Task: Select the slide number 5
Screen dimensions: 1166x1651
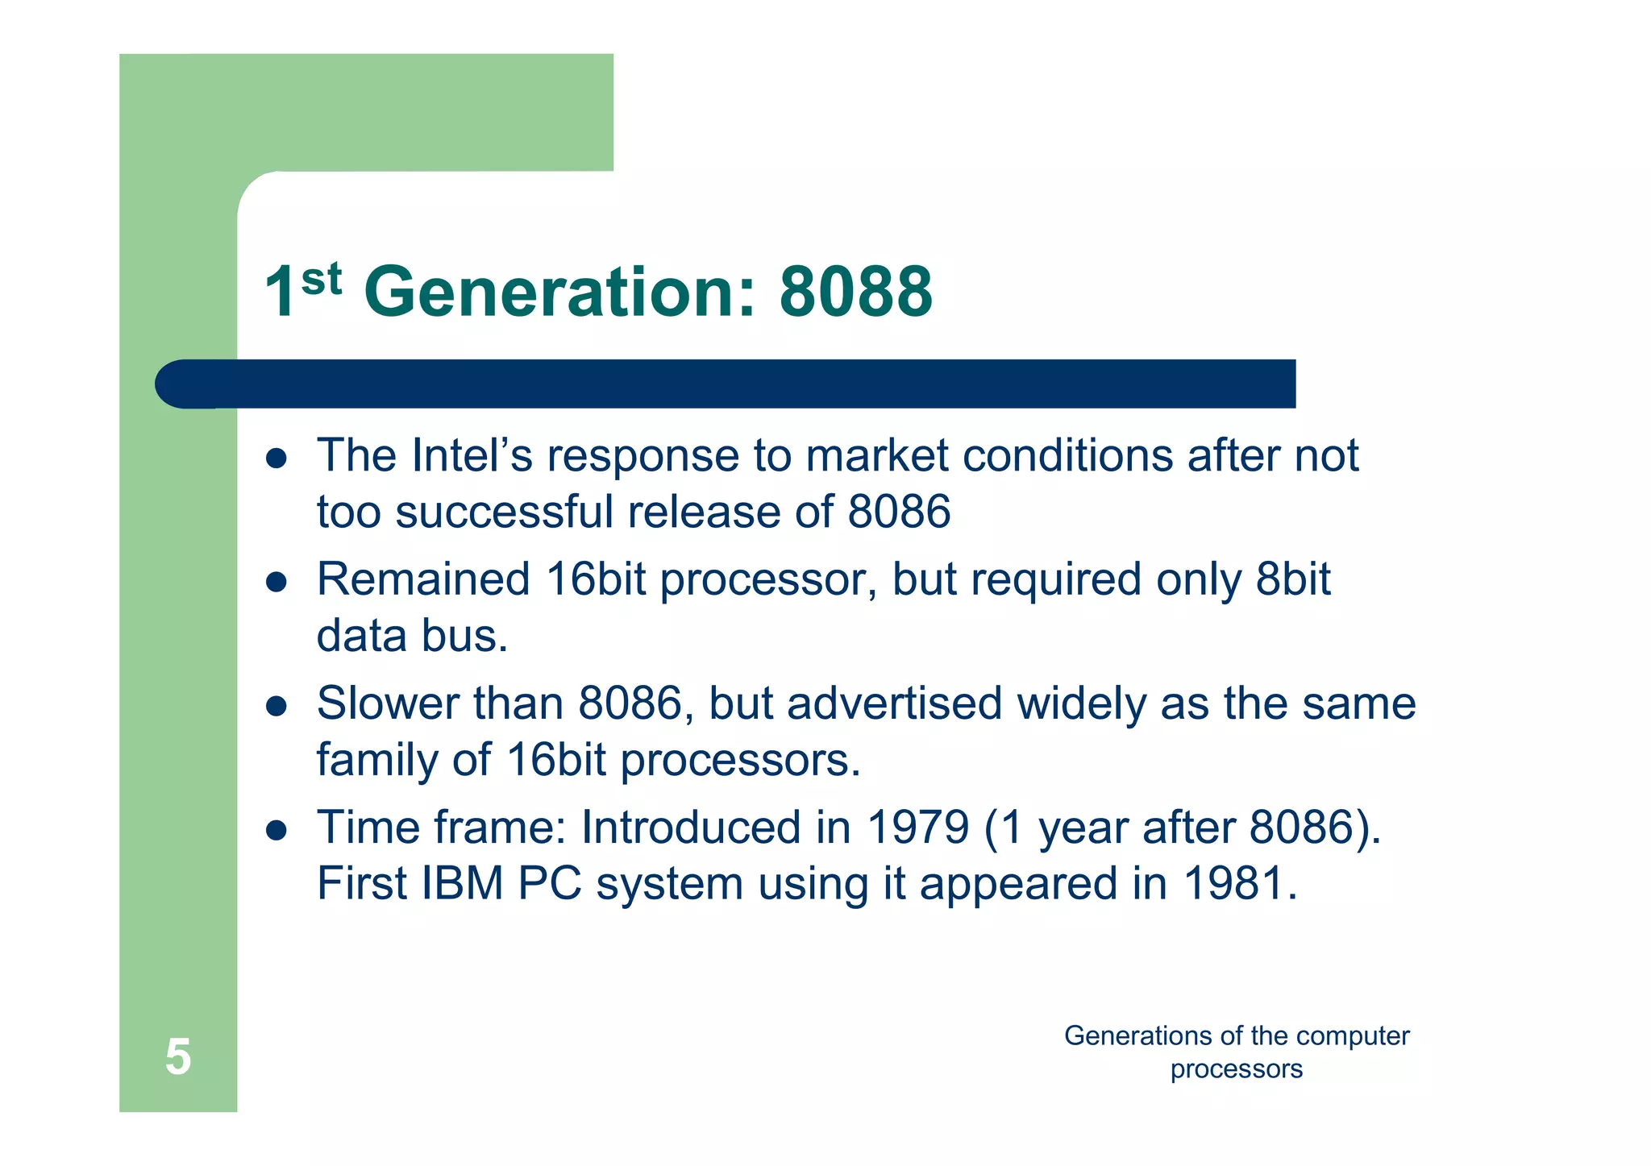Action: click(x=178, y=1056)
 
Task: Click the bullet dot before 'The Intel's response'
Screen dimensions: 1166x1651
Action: click(x=277, y=459)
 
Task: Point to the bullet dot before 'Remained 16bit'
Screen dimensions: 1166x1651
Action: click(x=277, y=582)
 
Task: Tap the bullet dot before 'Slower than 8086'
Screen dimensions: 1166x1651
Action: click(x=277, y=706)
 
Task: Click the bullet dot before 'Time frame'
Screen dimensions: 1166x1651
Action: click(x=277, y=830)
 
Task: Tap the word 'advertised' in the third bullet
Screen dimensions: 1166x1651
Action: click(x=894, y=703)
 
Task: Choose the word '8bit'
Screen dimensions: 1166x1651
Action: click(x=1292, y=579)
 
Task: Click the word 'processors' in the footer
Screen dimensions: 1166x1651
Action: click(x=1236, y=1069)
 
